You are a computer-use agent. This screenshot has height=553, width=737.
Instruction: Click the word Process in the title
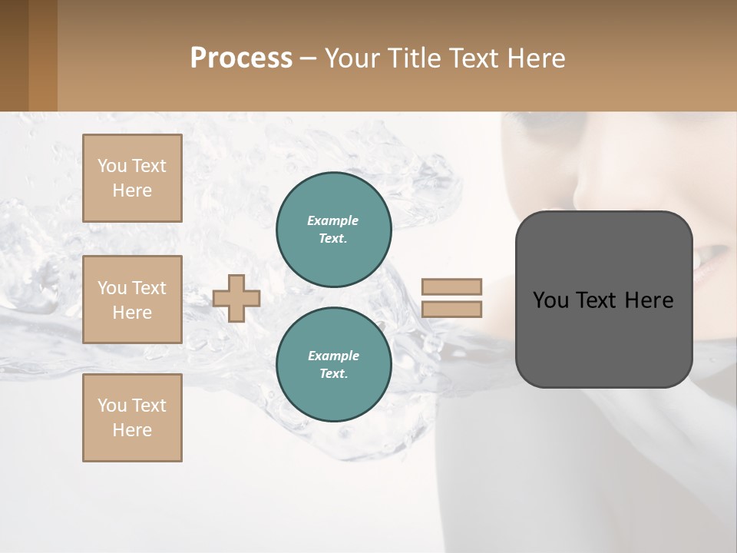click(241, 58)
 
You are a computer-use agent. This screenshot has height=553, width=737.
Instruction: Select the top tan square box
click(132, 178)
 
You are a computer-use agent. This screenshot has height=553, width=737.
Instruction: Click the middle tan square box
click(132, 300)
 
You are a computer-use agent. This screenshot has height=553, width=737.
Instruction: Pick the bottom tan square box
click(132, 418)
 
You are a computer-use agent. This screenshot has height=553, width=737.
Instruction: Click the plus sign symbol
click(236, 298)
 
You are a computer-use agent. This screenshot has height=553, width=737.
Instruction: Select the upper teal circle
click(334, 230)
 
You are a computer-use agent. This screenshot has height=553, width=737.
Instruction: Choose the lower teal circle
click(334, 365)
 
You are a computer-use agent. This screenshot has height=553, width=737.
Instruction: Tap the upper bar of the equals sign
click(451, 286)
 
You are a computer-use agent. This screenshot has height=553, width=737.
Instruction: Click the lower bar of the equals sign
click(451, 309)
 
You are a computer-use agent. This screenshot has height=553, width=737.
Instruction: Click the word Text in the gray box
click(597, 300)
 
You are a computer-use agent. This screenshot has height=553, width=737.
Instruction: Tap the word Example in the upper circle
click(333, 220)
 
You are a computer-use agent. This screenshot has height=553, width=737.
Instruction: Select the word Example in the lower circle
click(333, 356)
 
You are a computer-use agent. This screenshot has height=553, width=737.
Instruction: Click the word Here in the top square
click(132, 190)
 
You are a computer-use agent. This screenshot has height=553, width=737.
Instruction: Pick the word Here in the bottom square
click(132, 430)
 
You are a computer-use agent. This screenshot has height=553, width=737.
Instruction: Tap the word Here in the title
click(537, 58)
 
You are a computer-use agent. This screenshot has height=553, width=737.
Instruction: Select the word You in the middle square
click(112, 288)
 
